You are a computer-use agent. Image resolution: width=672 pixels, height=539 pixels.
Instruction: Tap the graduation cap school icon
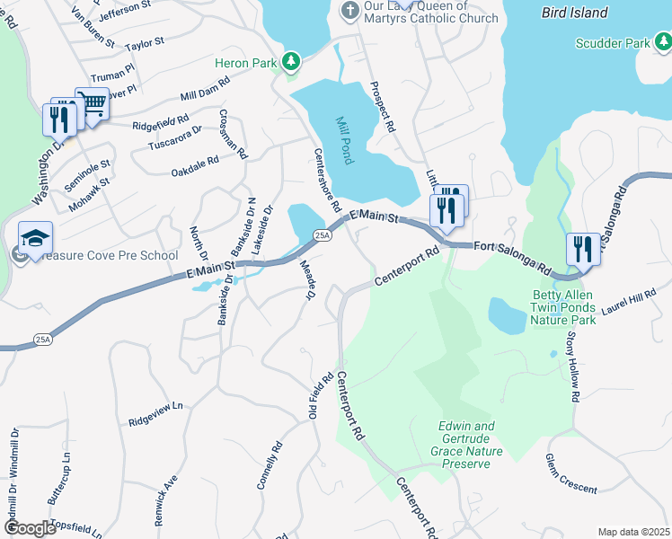pyautogui.click(x=35, y=238)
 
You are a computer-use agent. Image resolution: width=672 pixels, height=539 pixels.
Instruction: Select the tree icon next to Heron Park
pyautogui.click(x=290, y=62)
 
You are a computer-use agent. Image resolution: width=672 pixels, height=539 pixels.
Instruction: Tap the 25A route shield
pyautogui.click(x=323, y=235)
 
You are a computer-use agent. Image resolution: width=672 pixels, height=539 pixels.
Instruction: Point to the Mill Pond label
pyautogui.click(x=344, y=140)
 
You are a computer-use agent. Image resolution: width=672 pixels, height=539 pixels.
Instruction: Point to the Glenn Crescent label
pyautogui.click(x=570, y=473)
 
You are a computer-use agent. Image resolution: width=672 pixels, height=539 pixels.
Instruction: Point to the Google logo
pyautogui.click(x=29, y=528)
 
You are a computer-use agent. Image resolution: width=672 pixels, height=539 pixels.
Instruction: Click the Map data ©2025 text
pyautogui.click(x=633, y=532)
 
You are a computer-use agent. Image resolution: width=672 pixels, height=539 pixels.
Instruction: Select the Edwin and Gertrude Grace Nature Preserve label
pyautogui.click(x=466, y=445)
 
